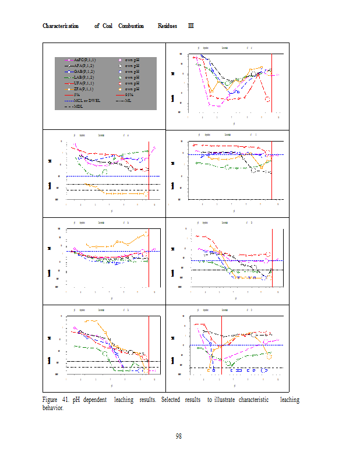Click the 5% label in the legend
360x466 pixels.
(76, 94)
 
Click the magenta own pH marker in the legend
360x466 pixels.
(119, 60)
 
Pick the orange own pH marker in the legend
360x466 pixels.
(119, 89)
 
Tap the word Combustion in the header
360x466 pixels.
(131, 26)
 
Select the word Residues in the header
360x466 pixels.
(168, 26)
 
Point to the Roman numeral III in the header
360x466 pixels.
(191, 26)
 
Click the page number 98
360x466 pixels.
(179, 436)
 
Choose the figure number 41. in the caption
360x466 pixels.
(63, 400)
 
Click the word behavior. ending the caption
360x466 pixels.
(53, 407)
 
